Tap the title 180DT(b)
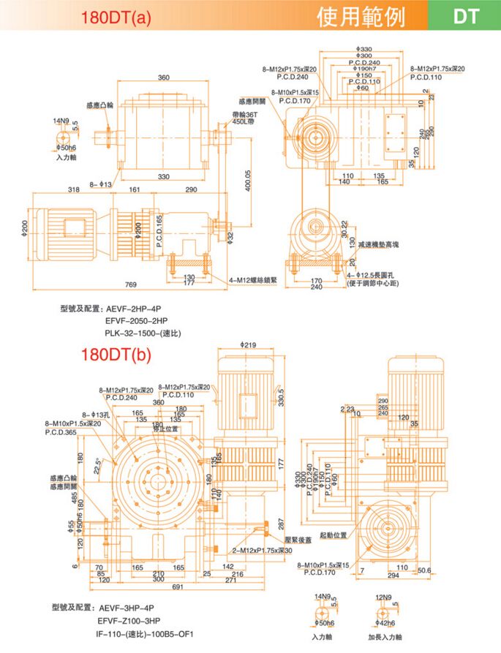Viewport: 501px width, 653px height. (117, 356)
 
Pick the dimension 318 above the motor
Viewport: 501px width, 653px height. (74, 190)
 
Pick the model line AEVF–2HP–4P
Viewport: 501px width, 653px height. (133, 309)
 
